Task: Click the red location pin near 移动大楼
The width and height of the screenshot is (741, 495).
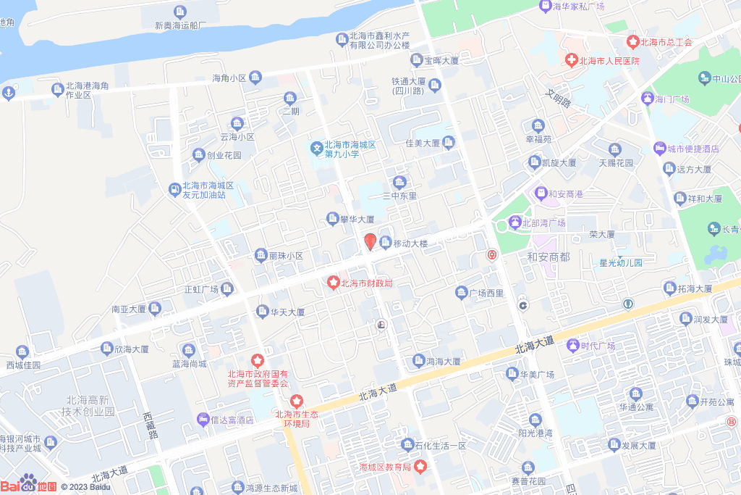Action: point(370,241)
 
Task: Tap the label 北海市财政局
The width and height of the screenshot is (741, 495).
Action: point(366,283)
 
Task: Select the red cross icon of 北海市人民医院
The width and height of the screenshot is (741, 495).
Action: point(571,60)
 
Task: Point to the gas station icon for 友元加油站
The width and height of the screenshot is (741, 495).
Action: point(174,190)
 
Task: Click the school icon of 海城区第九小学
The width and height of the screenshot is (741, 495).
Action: point(316,149)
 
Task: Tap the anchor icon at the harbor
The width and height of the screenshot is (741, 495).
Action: point(9,92)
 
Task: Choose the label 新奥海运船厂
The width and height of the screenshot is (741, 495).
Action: point(181,25)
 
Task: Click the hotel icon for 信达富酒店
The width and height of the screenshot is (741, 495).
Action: point(203,420)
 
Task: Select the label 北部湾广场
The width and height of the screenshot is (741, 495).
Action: point(543,222)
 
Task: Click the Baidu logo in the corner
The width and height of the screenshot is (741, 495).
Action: point(29,484)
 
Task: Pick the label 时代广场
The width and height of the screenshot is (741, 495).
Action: point(597,346)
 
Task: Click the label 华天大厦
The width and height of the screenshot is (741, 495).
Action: point(287,312)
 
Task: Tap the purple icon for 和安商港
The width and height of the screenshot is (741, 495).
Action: point(540,194)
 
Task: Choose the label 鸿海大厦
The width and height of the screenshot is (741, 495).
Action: point(443,361)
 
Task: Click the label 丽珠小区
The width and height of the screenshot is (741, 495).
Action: point(286,256)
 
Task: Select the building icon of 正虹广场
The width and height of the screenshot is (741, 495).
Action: point(226,289)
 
